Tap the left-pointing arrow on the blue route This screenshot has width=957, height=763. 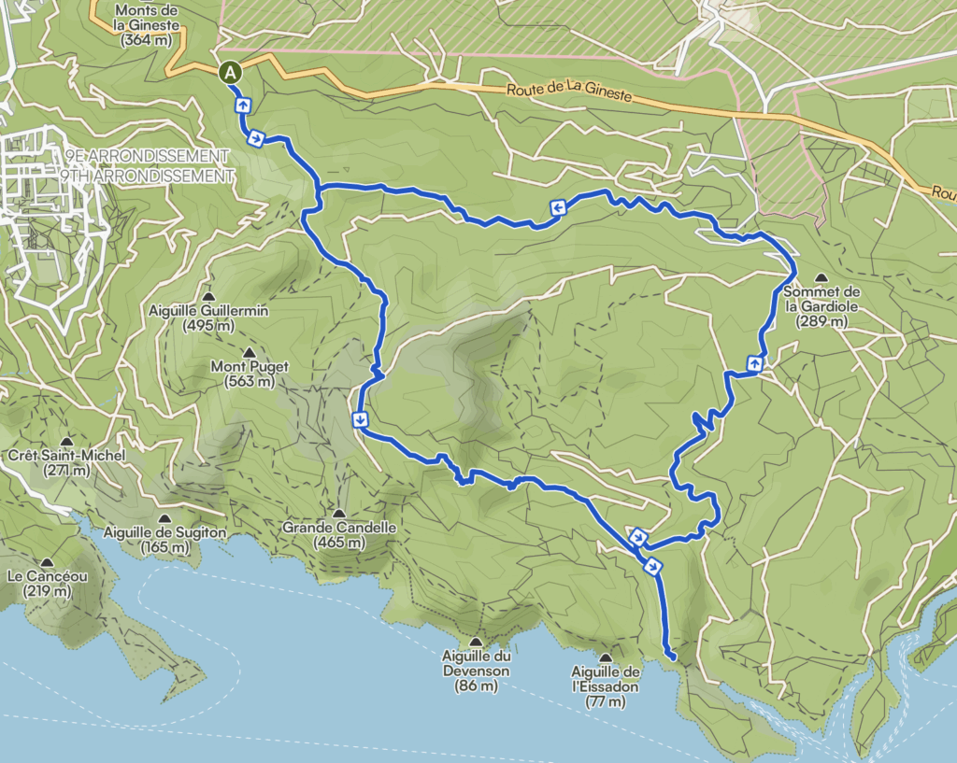(557, 208)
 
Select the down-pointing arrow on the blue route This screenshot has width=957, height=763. (359, 418)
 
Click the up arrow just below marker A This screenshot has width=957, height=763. (242, 105)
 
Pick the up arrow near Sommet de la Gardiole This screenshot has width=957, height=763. (753, 362)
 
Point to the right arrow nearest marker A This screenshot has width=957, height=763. (255, 138)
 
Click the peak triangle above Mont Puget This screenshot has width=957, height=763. (249, 352)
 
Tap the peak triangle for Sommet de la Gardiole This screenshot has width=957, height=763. (821, 278)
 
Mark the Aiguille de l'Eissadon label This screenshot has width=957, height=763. (606, 679)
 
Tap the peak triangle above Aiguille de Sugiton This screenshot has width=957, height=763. (164, 519)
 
